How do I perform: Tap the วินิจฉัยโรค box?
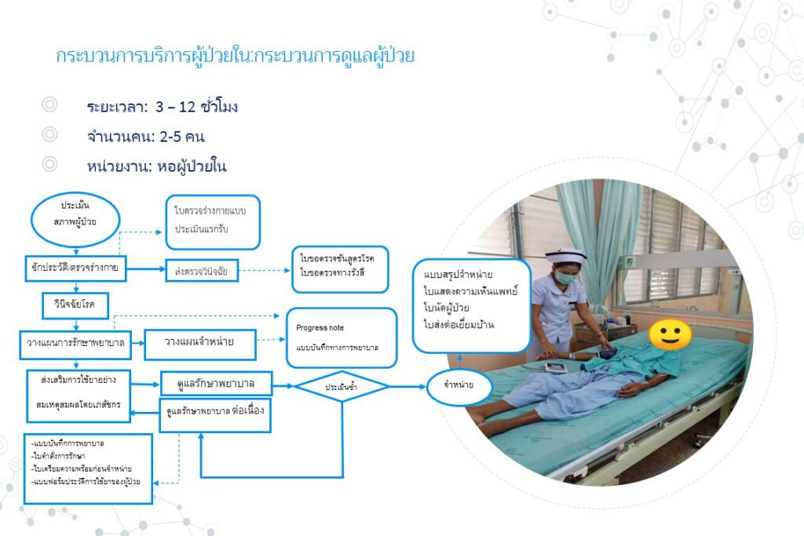click(x=75, y=303)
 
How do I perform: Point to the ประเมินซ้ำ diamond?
click(x=342, y=386)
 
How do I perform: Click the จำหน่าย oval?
click(x=459, y=386)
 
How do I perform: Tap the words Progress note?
click(x=320, y=327)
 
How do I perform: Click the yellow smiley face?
click(x=670, y=335)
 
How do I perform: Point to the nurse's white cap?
click(x=566, y=256)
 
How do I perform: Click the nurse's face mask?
click(x=567, y=277)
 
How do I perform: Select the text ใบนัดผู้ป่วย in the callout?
click(x=447, y=308)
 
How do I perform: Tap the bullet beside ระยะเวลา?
click(x=50, y=104)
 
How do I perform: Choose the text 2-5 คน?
click(x=180, y=137)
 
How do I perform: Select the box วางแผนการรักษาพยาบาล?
click(x=76, y=343)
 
